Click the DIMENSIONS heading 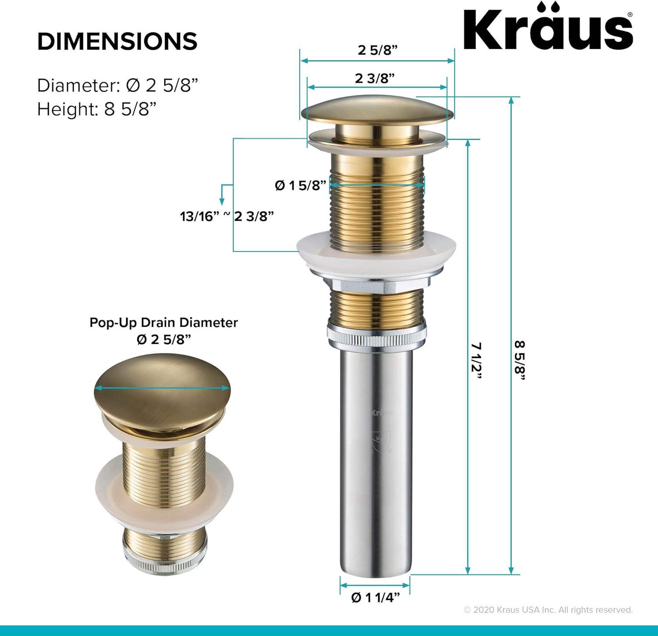[x=117, y=42]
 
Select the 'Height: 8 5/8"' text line [x=97, y=109]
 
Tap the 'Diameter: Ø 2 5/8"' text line [x=117, y=85]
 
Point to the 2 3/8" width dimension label [x=375, y=78]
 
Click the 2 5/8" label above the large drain [x=377, y=50]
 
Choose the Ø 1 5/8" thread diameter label [x=301, y=185]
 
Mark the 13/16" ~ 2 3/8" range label [x=227, y=216]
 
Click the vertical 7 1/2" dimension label [x=476, y=363]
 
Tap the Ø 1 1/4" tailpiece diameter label [x=375, y=597]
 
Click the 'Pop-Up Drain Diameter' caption [x=163, y=323]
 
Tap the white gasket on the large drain [x=376, y=255]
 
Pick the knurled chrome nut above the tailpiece [x=376, y=336]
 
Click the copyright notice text [x=548, y=610]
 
